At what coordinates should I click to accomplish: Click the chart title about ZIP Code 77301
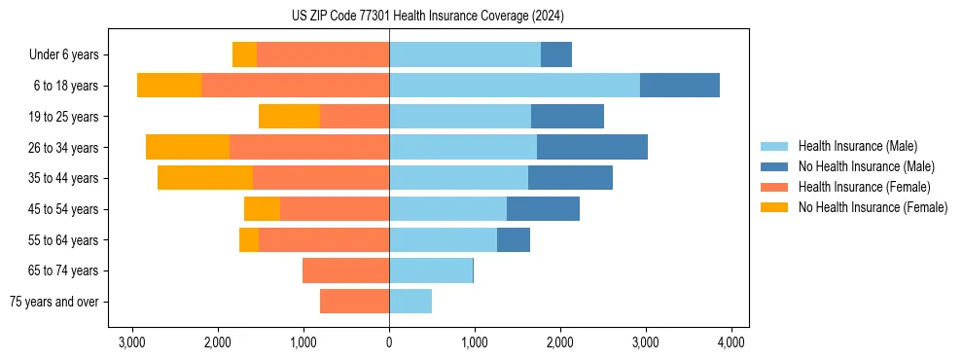click(x=427, y=16)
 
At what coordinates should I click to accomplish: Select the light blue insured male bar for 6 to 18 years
click(x=514, y=86)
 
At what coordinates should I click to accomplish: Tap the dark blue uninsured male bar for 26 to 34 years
click(x=591, y=147)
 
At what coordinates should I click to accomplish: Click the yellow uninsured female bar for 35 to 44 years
click(x=205, y=178)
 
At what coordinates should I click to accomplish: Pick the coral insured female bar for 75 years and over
click(x=354, y=302)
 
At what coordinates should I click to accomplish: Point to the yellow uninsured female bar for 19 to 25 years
click(x=289, y=117)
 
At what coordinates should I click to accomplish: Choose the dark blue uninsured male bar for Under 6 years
click(x=556, y=54)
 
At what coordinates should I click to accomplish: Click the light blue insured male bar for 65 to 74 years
click(x=431, y=270)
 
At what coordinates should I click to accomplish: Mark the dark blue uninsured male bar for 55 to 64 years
click(x=514, y=239)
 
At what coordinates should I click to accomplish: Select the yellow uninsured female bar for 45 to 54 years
click(x=262, y=209)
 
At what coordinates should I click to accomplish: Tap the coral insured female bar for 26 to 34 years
click(x=309, y=147)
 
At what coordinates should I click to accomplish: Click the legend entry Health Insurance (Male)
click(x=857, y=146)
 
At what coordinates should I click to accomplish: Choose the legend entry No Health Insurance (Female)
click(x=873, y=207)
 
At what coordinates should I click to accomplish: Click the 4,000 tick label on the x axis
click(x=731, y=342)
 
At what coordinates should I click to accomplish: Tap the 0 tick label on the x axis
click(x=389, y=342)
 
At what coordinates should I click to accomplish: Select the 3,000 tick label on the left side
click(x=132, y=342)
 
